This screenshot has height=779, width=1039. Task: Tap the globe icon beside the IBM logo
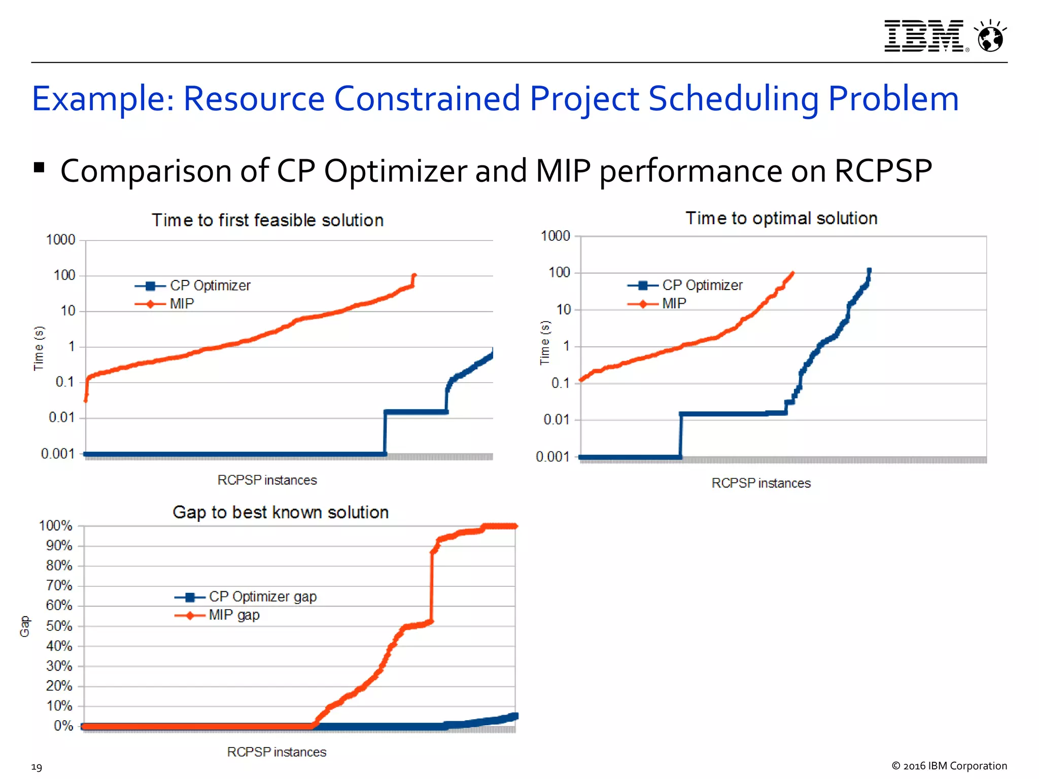pyautogui.click(x=991, y=37)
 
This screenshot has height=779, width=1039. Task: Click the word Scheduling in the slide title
pyautogui.click(x=734, y=98)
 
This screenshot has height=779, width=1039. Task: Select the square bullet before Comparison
pyautogui.click(x=39, y=168)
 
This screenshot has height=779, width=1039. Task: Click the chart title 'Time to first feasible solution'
pyautogui.click(x=267, y=221)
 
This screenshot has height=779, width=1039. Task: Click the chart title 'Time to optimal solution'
pyautogui.click(x=781, y=218)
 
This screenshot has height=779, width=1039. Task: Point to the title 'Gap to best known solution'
pyautogui.click(x=281, y=512)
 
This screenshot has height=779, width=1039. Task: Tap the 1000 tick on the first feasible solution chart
pyautogui.click(x=60, y=239)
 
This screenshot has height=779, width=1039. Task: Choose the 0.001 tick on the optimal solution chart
pyautogui.click(x=552, y=456)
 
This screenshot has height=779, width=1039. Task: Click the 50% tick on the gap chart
pyautogui.click(x=59, y=626)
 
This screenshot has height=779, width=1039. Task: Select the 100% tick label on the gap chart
pyautogui.click(x=56, y=526)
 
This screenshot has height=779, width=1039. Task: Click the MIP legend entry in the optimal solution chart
pyautogui.click(x=673, y=303)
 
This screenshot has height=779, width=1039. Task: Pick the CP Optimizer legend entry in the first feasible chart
pyautogui.click(x=210, y=286)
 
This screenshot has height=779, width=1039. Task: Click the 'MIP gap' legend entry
pyautogui.click(x=234, y=615)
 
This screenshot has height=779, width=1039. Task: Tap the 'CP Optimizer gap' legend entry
pyautogui.click(x=262, y=596)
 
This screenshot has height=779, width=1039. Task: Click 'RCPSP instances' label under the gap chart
pyautogui.click(x=276, y=752)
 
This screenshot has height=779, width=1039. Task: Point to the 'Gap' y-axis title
pyautogui.click(x=24, y=626)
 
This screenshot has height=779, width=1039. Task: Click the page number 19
pyautogui.click(x=37, y=767)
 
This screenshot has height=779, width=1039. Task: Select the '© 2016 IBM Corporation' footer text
pyautogui.click(x=949, y=766)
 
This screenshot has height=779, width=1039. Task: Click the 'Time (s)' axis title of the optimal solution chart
pyautogui.click(x=545, y=342)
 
